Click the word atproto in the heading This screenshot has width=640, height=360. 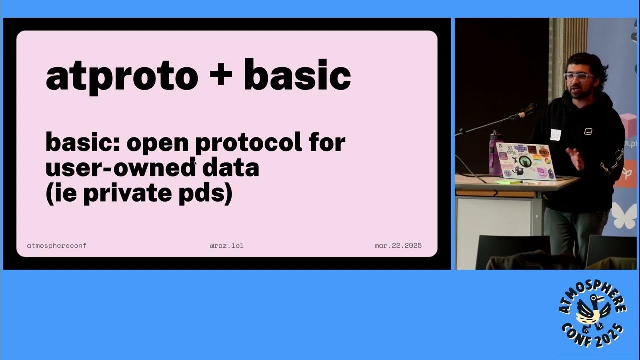[x=122, y=77]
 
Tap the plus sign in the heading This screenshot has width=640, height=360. [x=220, y=75]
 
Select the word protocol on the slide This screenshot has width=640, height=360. [x=249, y=143]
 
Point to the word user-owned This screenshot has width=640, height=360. [x=120, y=167]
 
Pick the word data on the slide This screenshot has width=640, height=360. [x=231, y=167]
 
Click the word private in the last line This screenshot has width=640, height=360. [x=128, y=193]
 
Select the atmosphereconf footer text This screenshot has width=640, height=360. [x=57, y=245]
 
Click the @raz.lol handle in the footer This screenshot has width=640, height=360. [x=227, y=245]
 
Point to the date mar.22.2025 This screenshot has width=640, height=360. [x=398, y=245]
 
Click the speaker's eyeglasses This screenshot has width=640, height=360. [x=578, y=76]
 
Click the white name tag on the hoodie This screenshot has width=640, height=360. [x=555, y=135]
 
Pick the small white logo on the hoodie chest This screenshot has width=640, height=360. [x=588, y=131]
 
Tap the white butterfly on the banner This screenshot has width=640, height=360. [x=625, y=215]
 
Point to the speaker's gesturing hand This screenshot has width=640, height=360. [x=575, y=159]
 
